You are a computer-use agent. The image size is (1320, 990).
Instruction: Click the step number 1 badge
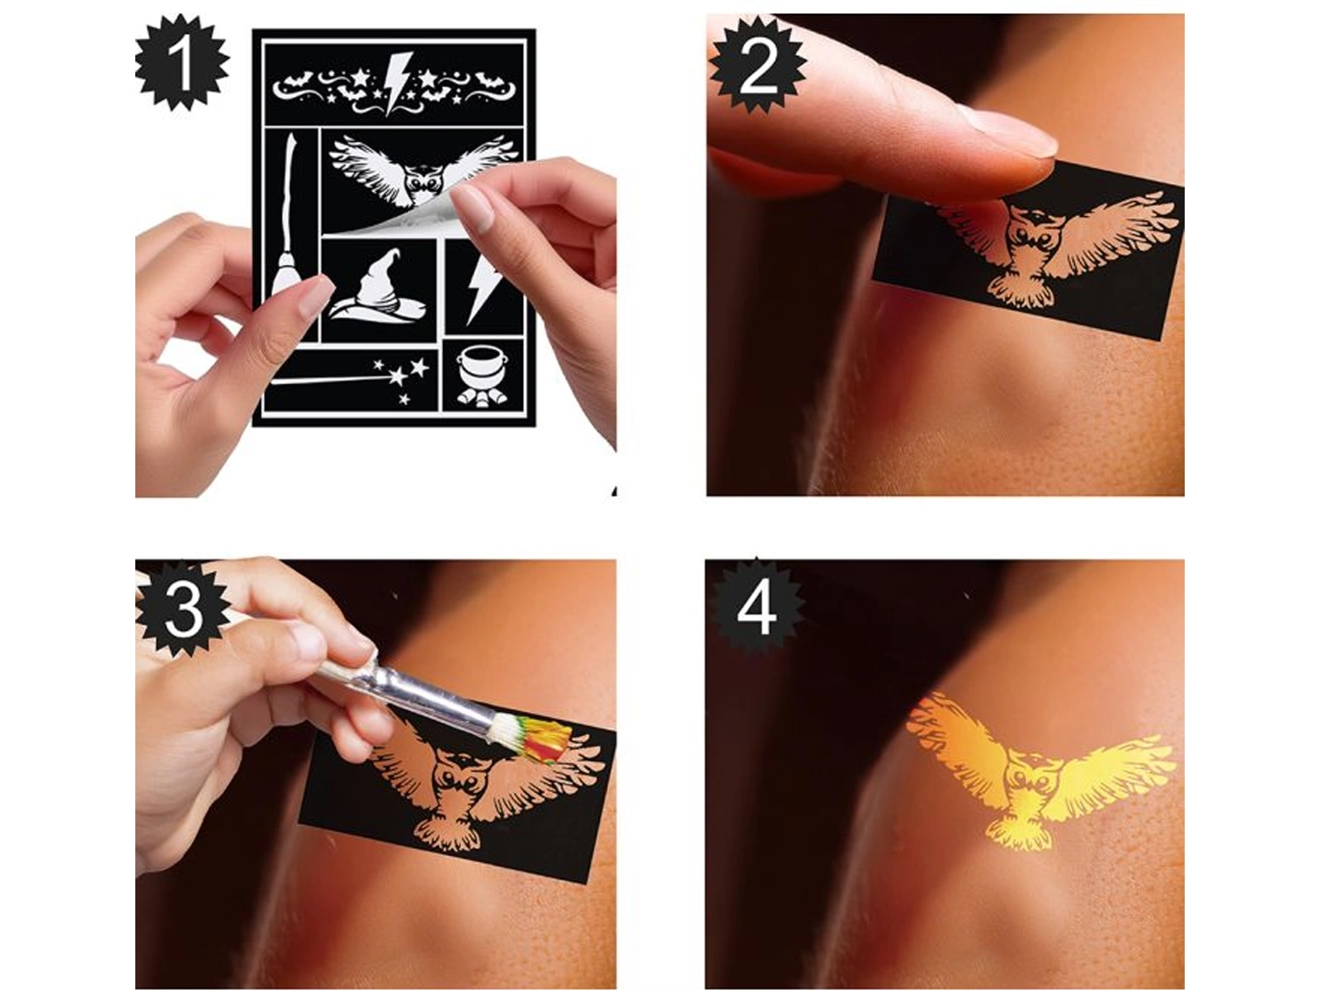(x=182, y=65)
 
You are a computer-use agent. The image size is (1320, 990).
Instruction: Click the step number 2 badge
(x=757, y=65)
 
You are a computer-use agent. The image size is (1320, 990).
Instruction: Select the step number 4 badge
(x=756, y=608)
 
